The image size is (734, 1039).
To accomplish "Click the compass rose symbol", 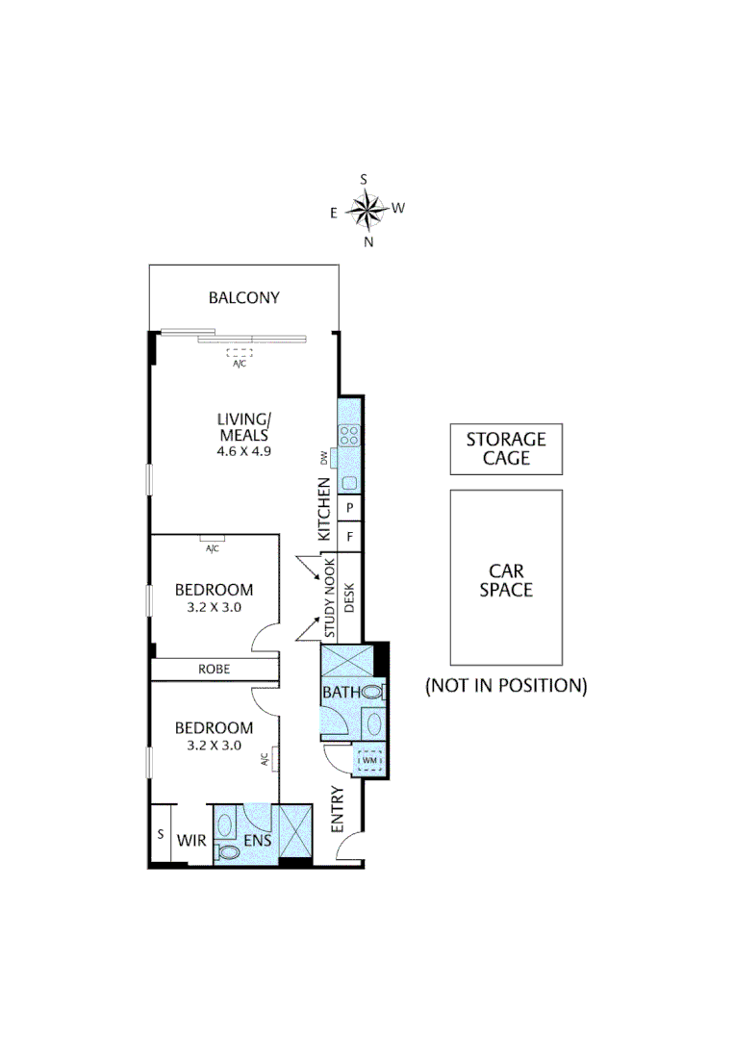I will (x=366, y=208).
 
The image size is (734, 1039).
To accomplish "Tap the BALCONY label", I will (x=243, y=298).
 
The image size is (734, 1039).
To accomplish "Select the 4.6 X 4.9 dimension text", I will (x=243, y=450).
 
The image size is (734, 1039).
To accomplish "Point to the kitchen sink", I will (x=349, y=483).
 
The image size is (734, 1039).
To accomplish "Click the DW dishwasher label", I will (x=324, y=458).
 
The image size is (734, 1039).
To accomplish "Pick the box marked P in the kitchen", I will (x=350, y=508).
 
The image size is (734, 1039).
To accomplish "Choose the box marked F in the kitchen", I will (x=350, y=536).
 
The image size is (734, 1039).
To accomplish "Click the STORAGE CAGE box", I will (x=506, y=450).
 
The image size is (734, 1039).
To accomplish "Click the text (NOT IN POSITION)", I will (x=506, y=686).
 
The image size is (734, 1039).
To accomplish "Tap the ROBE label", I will (x=214, y=670).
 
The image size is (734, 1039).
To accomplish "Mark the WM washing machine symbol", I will (x=370, y=762).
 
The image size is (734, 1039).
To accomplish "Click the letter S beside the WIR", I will (x=161, y=833).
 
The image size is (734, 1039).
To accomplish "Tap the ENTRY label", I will (x=338, y=810).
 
